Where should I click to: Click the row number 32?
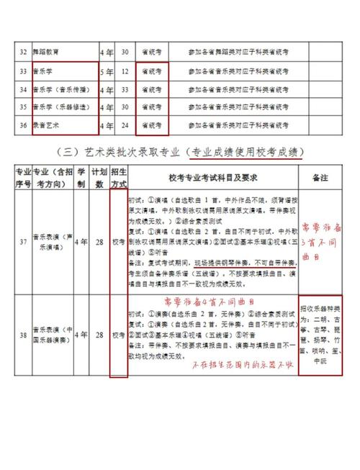click(x=23, y=53)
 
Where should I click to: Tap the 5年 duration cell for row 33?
click(x=108, y=71)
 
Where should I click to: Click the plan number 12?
click(x=125, y=71)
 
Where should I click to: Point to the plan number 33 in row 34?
click(x=125, y=90)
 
